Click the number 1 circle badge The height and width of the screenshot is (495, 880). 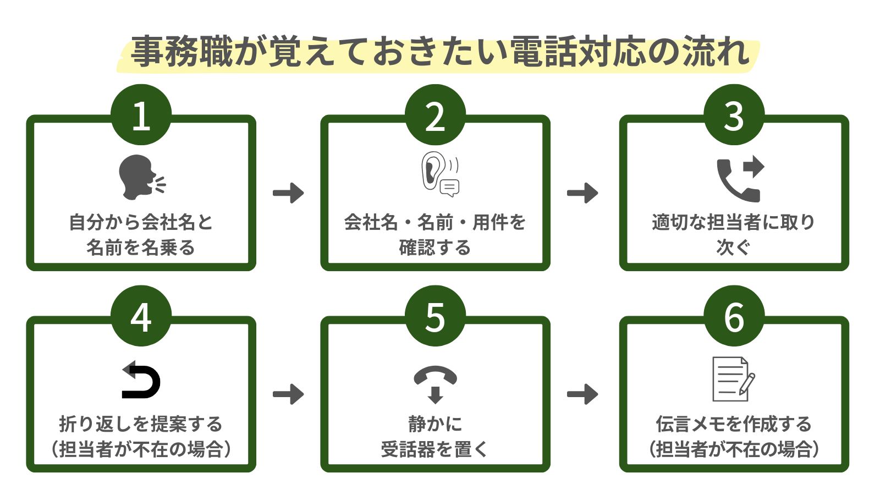point(141,115)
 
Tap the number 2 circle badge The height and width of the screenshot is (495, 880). point(435,115)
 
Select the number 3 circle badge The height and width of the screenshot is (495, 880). point(734,115)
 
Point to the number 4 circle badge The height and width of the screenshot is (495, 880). point(141,316)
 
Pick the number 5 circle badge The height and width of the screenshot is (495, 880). point(435,316)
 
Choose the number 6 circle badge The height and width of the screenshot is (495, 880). point(734,316)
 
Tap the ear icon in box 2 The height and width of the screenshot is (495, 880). point(439,174)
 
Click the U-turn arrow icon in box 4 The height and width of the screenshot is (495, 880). point(141,380)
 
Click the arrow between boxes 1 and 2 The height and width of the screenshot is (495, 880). point(288,193)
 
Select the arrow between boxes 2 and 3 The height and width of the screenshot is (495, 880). point(582,193)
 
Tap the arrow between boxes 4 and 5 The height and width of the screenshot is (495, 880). point(288,394)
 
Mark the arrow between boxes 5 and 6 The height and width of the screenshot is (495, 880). point(582,394)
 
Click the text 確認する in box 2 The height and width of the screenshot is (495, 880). point(435,248)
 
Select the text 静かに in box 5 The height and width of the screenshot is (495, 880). point(435,424)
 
